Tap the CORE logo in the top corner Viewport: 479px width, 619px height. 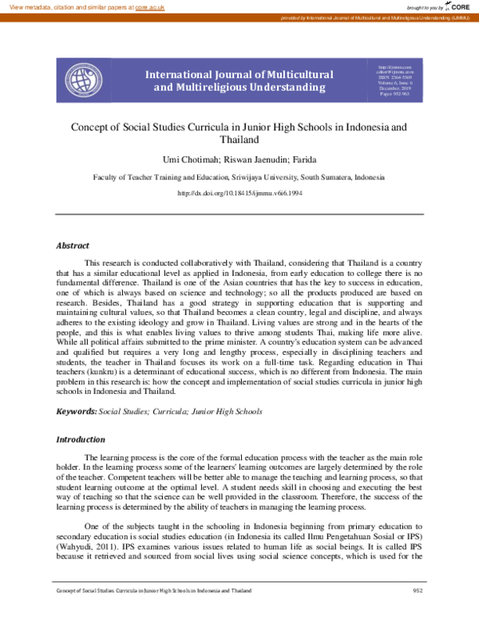[x=456, y=6]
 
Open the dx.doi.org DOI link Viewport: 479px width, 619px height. [x=239, y=194]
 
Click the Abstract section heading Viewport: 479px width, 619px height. [x=72, y=246]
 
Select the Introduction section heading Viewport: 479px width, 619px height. [x=80, y=440]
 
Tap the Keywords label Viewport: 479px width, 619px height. [x=75, y=411]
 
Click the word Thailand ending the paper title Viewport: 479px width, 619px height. [x=239, y=139]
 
